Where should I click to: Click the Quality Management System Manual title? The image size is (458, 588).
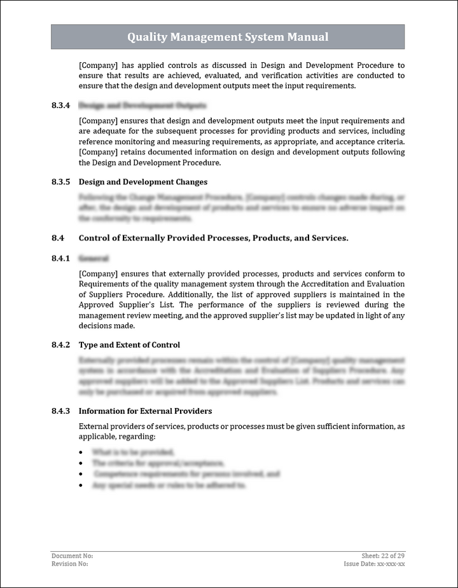click(x=228, y=37)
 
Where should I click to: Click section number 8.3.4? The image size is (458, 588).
click(x=60, y=106)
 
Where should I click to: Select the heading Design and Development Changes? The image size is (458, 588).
click(x=142, y=182)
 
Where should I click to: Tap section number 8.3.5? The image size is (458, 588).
click(x=60, y=182)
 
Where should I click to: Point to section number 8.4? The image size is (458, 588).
click(x=58, y=238)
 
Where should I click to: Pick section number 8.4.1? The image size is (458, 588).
click(x=60, y=259)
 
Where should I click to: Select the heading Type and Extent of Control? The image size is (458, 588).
click(x=129, y=345)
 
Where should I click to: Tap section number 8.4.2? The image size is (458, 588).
click(x=60, y=345)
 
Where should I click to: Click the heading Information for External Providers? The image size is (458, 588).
click(x=145, y=411)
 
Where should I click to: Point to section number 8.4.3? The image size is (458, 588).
click(x=60, y=411)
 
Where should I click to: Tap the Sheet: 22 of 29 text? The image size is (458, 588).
click(x=383, y=556)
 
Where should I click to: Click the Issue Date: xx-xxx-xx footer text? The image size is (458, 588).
click(x=375, y=563)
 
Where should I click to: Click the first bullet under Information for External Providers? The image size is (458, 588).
click(x=81, y=452)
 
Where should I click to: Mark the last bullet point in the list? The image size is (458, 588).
click(x=81, y=486)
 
